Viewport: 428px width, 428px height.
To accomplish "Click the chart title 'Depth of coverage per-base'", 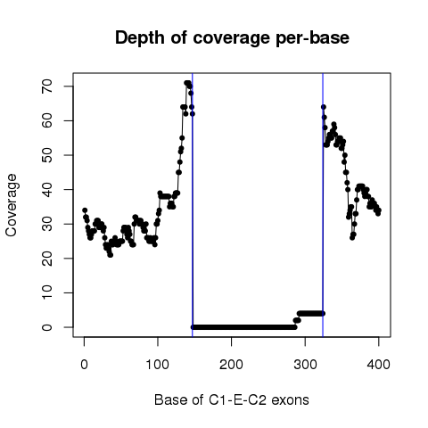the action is pos(232,38).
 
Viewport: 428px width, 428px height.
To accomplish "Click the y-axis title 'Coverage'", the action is pos(12,205).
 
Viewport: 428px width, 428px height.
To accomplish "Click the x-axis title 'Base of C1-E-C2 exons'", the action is pos(232,400).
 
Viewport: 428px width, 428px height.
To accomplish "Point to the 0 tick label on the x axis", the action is pos(84,365).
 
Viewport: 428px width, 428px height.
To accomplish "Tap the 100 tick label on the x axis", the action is pos(158,365).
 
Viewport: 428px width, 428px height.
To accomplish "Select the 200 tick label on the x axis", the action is pos(231,365).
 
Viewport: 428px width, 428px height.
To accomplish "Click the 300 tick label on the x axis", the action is pos(305,365).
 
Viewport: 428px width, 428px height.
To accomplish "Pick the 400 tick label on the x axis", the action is pos(378,365).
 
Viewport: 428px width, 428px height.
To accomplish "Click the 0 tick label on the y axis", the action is pos(47,327).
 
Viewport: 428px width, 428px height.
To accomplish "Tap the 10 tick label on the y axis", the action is pos(47,292).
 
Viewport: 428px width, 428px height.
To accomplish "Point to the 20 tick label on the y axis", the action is pos(47,259).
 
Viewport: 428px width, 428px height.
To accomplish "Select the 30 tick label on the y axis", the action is pos(47,224).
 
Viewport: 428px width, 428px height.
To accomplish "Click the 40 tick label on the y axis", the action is pos(47,189).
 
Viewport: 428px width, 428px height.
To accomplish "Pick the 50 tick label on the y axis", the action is pos(47,155).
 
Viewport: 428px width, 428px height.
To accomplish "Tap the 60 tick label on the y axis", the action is pos(47,120).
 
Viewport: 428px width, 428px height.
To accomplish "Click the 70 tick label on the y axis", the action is pos(47,86).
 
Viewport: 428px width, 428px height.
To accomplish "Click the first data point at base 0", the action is pos(85,210).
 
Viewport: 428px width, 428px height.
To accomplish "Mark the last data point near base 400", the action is pos(379,210).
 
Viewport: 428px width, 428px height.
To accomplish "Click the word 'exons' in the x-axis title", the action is pos(290,400).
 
